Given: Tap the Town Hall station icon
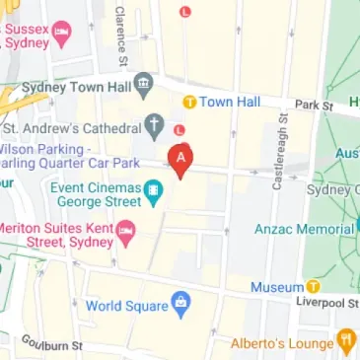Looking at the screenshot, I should (x=189, y=102).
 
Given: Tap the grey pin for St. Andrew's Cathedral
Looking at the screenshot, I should (x=154, y=125).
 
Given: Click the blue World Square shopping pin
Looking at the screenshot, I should (x=179, y=303).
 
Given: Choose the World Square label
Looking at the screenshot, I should (x=127, y=305).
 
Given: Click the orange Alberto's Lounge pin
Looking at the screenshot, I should (x=345, y=342).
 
